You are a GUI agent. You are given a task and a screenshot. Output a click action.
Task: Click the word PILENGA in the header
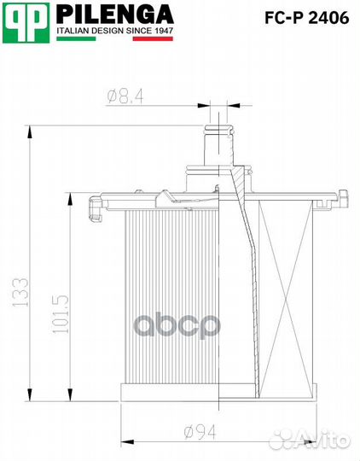(x=114, y=15)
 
